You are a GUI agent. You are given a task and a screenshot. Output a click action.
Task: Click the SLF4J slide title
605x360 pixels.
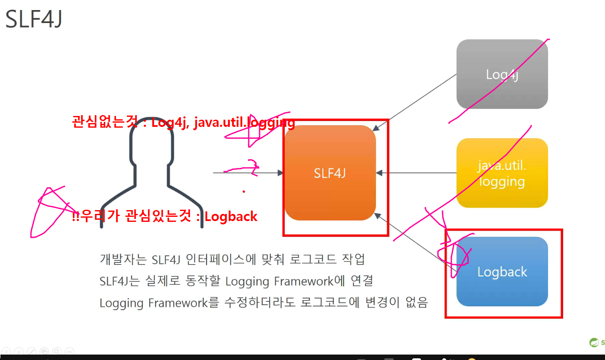(33, 19)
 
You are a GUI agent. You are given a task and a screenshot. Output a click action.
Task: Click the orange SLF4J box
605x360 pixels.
(330, 173)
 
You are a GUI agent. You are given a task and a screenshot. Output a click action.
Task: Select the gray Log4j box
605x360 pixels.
(502, 75)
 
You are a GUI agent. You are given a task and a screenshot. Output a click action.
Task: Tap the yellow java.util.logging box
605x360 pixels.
(502, 173)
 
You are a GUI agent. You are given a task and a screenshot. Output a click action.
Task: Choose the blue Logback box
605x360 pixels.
(502, 272)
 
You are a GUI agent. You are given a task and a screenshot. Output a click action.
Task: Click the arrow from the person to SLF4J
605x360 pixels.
(247, 172)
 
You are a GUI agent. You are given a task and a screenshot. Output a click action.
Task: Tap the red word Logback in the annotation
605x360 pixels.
(231, 216)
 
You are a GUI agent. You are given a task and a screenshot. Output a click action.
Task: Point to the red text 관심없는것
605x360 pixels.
(105, 122)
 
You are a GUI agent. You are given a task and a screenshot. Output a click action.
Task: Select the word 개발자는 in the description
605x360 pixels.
(123, 259)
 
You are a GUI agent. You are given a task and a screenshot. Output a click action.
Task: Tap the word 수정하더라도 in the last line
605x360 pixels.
(260, 303)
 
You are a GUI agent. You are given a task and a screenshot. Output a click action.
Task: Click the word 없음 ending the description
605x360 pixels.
(417, 303)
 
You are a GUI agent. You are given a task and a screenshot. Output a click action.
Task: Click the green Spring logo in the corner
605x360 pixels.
(594, 342)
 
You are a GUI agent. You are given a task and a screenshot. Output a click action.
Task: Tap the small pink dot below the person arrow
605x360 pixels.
(244, 192)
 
